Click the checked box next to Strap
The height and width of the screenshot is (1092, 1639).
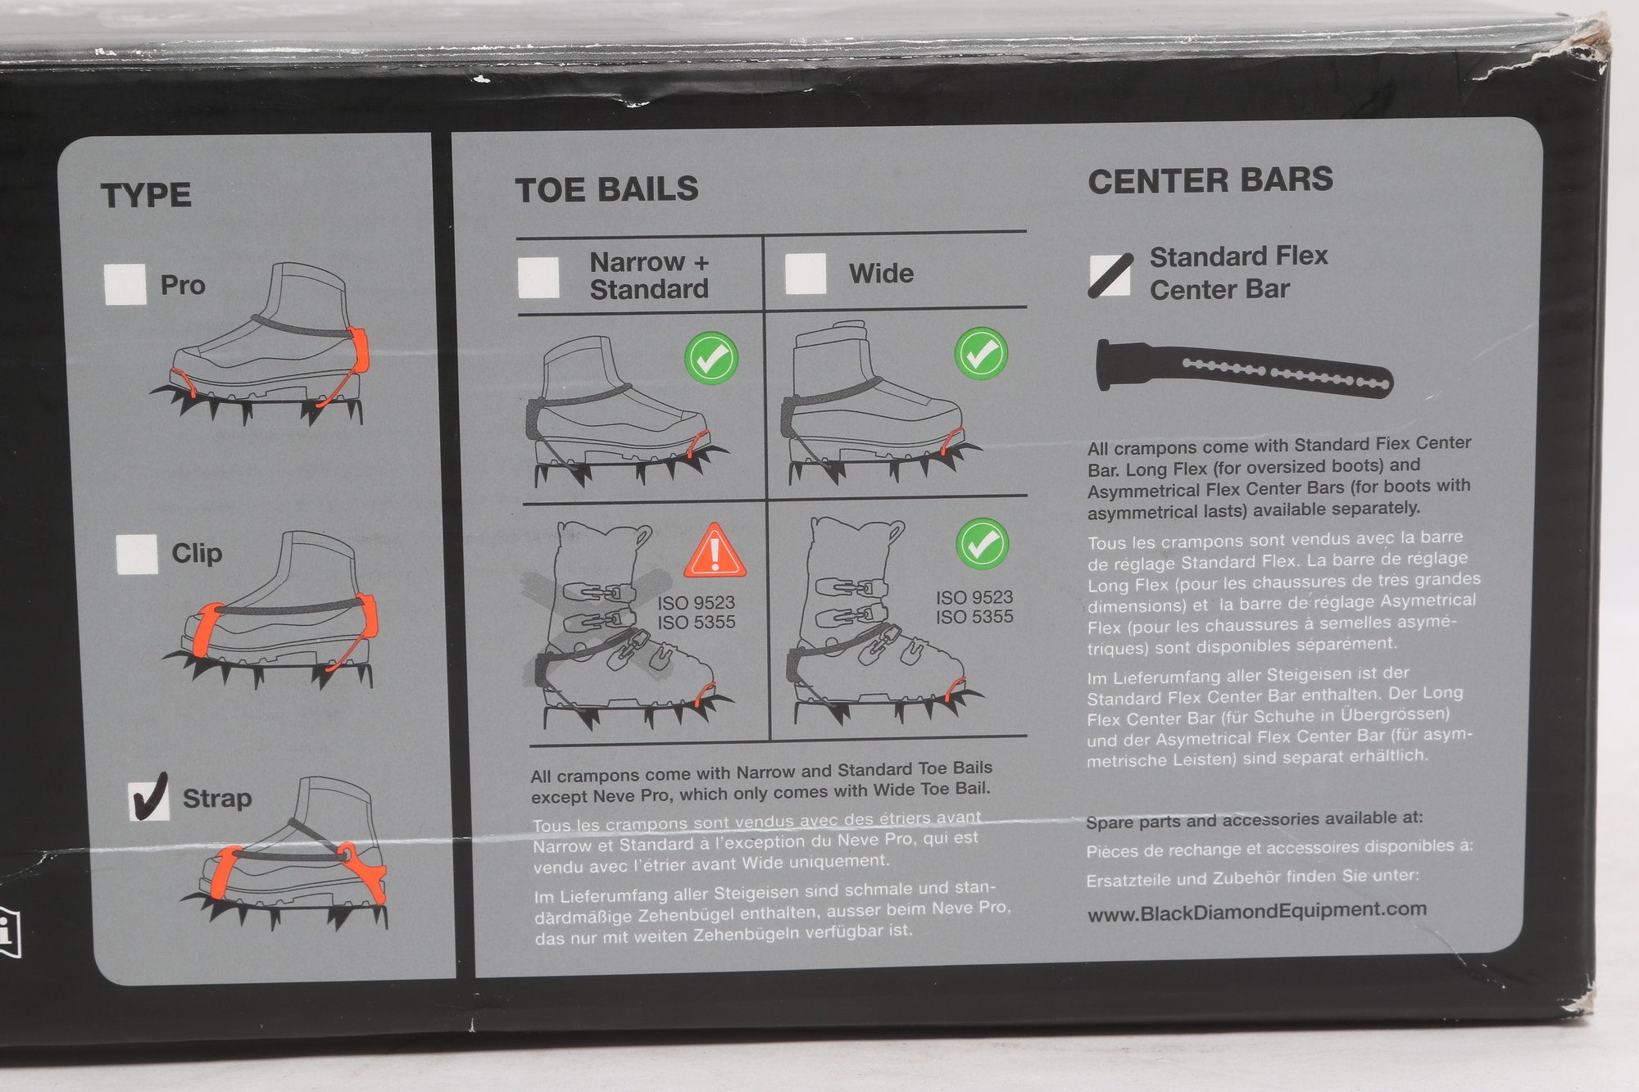[x=150, y=799]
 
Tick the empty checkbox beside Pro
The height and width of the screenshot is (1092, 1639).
[x=125, y=283]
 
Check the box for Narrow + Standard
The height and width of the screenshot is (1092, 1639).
[x=538, y=277]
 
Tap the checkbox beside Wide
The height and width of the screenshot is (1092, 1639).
[x=806, y=273]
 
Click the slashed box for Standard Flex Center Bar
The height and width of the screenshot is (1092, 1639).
[x=1110, y=274]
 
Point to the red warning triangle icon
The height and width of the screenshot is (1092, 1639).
[x=715, y=550]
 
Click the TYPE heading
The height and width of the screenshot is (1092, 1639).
[x=146, y=196]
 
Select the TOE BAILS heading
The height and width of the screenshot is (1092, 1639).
[x=606, y=189]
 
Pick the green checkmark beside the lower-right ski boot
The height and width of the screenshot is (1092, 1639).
[x=982, y=543]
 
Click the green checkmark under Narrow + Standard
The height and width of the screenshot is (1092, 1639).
[x=711, y=358]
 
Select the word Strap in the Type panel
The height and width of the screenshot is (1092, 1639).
[x=216, y=799]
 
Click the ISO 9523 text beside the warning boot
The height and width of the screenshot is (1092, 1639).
[x=696, y=603]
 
